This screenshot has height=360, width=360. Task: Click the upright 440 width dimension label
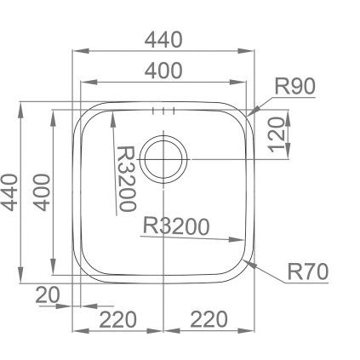point(163,40)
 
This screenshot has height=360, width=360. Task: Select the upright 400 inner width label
point(163,71)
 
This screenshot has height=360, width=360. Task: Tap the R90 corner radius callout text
point(295,86)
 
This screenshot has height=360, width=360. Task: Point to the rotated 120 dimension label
point(277,134)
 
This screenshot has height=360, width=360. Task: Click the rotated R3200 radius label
point(126,179)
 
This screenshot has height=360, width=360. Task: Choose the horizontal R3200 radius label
point(176,226)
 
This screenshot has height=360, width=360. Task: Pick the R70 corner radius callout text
point(308,271)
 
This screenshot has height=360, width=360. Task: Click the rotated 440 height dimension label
point(10,192)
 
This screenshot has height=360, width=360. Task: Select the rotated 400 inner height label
point(42,192)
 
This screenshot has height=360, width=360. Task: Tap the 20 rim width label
point(48,294)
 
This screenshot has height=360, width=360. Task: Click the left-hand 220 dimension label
point(118,319)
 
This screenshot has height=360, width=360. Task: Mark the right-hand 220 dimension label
point(209,319)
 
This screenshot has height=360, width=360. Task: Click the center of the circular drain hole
point(163,159)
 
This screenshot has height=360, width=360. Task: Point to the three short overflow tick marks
point(163,111)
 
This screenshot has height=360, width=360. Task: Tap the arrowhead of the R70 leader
point(249,265)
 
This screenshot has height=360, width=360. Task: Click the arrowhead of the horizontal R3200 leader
point(237,240)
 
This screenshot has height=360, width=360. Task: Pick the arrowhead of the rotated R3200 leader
point(112,119)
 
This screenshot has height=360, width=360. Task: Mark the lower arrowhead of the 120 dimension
point(289,151)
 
